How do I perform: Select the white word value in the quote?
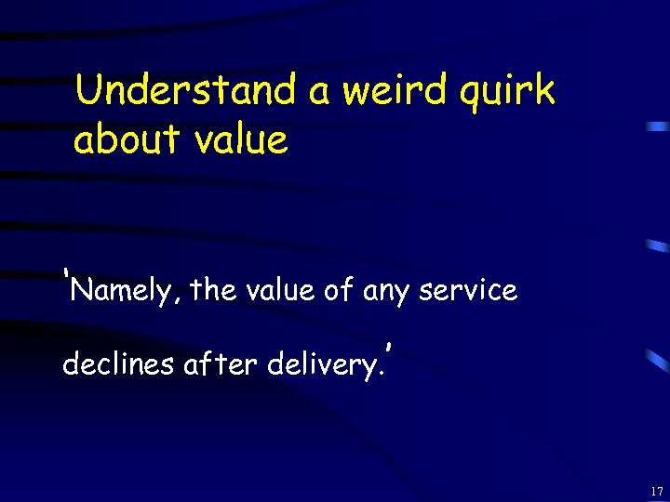[x=281, y=290]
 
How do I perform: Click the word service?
[x=468, y=290]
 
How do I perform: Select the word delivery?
[x=320, y=364]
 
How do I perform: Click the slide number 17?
[x=657, y=491]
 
